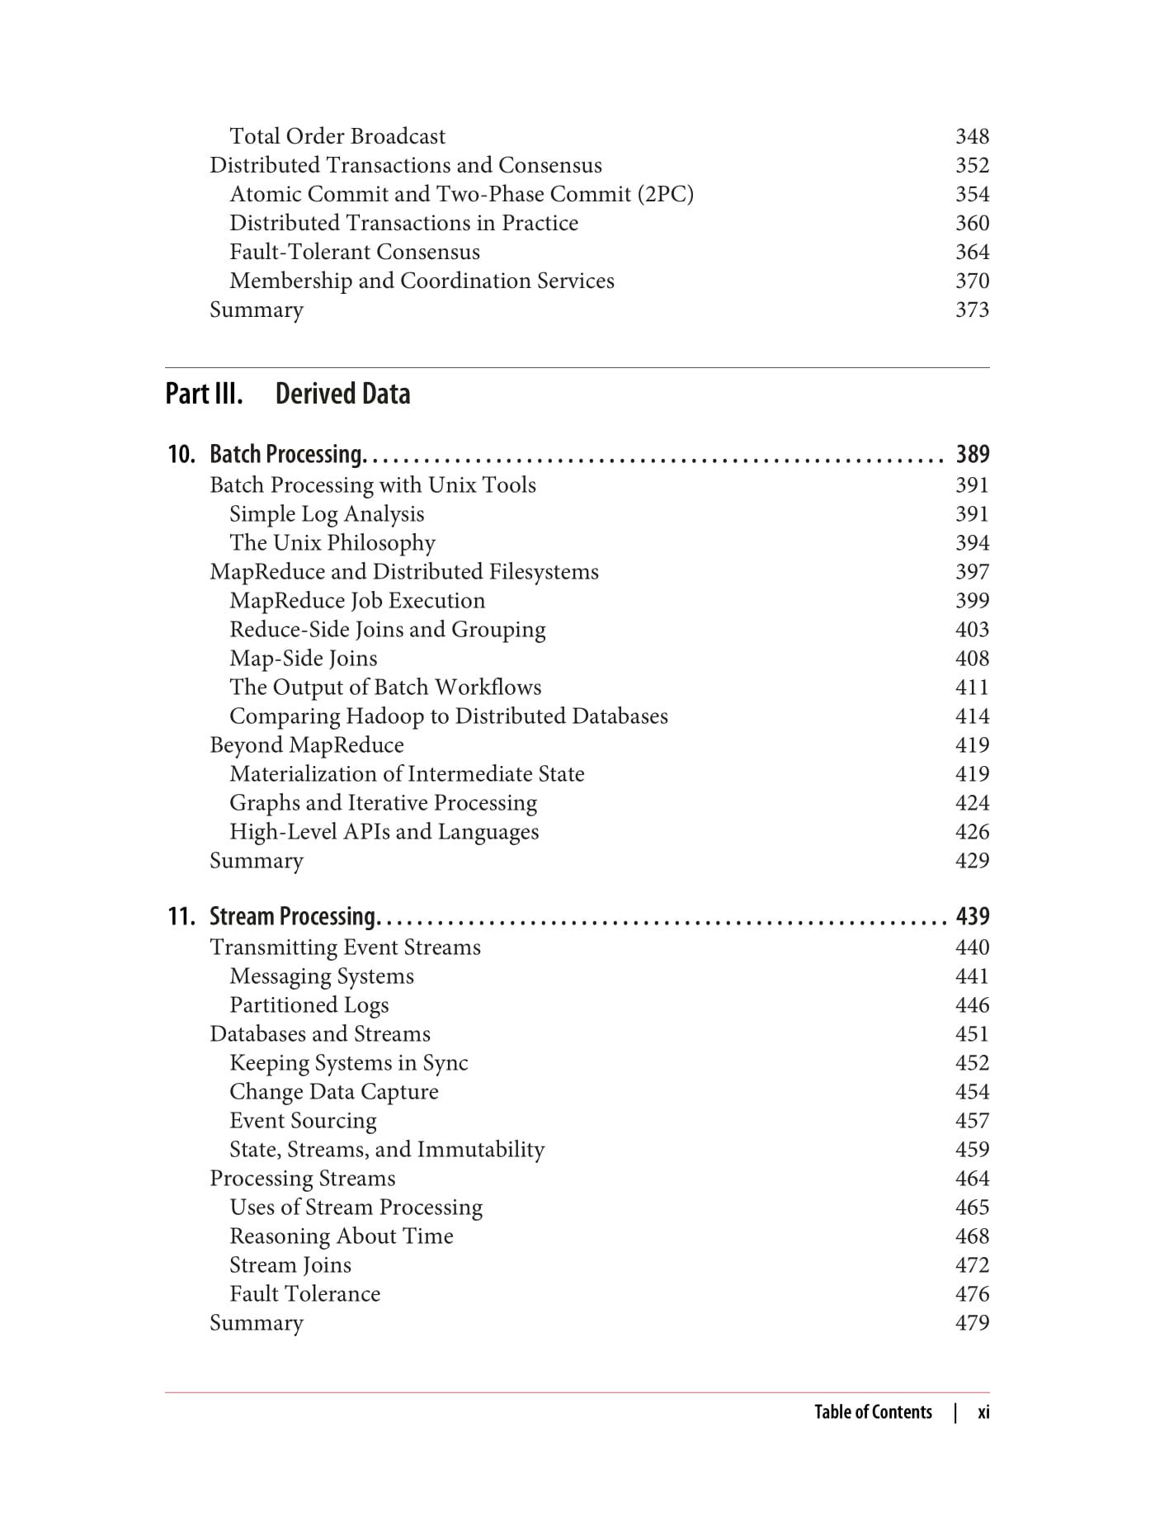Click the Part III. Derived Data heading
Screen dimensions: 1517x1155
(x=288, y=394)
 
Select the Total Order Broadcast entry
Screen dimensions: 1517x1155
(x=337, y=136)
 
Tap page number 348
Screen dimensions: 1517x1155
(x=972, y=136)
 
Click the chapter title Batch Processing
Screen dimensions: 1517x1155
(x=286, y=454)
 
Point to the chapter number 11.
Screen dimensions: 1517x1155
(x=181, y=916)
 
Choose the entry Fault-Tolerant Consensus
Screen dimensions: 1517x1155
(x=354, y=252)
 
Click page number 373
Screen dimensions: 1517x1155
(x=972, y=310)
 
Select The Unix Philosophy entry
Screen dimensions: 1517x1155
(x=332, y=542)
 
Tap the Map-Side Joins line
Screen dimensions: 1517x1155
(x=303, y=658)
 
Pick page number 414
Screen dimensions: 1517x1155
(x=972, y=716)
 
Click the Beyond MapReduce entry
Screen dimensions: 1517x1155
(x=306, y=744)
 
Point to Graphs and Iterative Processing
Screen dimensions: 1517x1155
(x=383, y=802)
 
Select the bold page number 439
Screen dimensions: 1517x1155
(x=972, y=916)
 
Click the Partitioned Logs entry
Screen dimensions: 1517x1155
(x=309, y=1004)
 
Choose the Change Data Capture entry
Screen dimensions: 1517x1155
(x=333, y=1091)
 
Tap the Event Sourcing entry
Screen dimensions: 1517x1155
(x=303, y=1120)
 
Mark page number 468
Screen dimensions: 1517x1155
(x=972, y=1236)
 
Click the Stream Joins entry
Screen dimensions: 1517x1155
(x=290, y=1264)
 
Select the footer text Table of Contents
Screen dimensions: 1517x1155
(x=873, y=1412)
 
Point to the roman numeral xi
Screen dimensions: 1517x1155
(x=983, y=1412)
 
